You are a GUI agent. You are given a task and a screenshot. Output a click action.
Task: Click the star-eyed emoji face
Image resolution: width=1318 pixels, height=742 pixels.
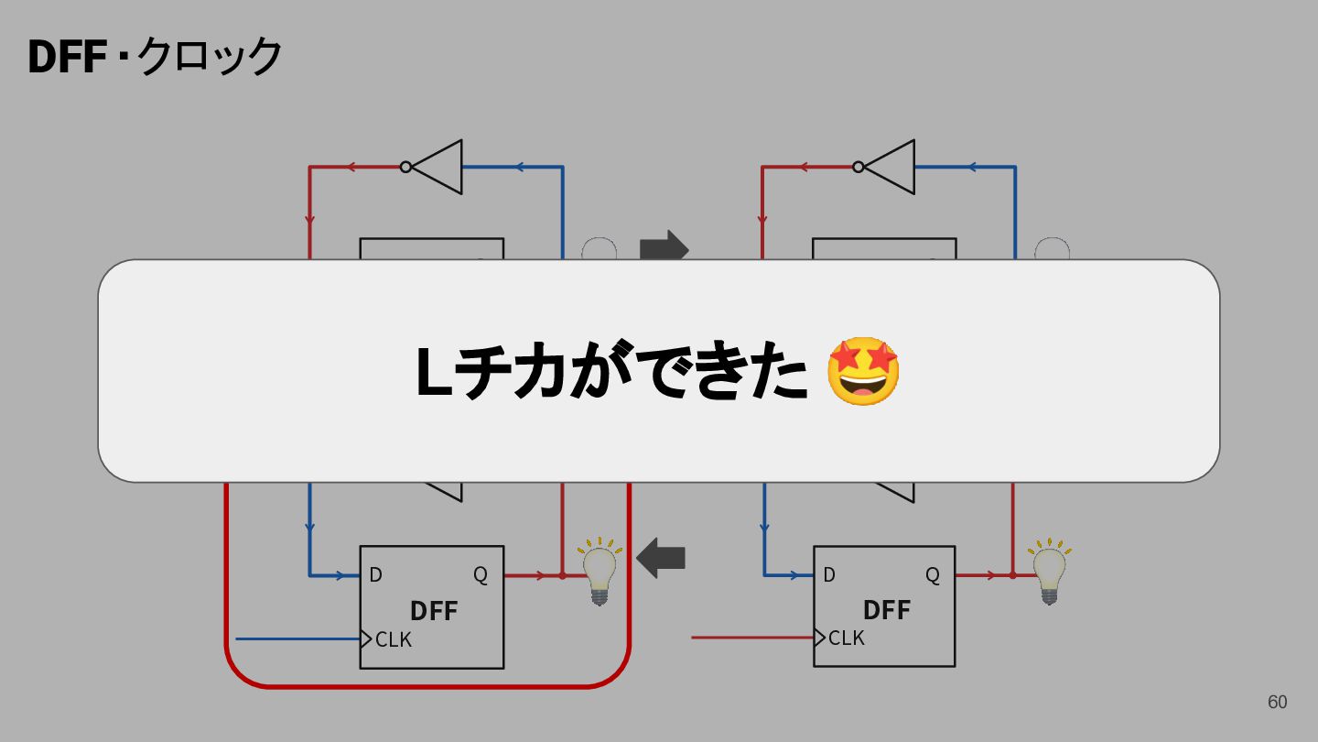[863, 371]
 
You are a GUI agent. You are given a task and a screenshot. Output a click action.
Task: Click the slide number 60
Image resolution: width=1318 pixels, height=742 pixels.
[1278, 702]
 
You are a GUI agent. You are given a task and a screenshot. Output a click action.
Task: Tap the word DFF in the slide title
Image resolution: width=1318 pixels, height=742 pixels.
[67, 57]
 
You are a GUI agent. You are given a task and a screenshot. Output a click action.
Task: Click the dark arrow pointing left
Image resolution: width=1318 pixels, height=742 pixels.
[661, 558]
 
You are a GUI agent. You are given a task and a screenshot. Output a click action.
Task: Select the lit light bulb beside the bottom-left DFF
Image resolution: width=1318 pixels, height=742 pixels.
[599, 571]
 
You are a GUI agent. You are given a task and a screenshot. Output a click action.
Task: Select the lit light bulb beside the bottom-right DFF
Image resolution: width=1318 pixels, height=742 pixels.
[1050, 571]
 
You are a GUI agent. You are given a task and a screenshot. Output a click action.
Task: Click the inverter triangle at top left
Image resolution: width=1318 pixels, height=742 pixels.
[438, 167]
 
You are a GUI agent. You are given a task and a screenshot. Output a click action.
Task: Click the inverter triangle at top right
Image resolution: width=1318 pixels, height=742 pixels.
[890, 167]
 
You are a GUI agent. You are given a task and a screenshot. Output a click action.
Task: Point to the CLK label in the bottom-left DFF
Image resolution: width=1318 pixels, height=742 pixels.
[393, 639]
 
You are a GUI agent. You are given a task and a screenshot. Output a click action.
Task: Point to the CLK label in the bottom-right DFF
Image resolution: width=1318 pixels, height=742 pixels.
[846, 638]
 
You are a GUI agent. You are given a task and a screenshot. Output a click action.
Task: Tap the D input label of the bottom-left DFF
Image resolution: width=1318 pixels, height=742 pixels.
[375, 574]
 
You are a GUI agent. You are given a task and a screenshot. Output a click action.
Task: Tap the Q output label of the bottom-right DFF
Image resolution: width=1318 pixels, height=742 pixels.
[933, 574]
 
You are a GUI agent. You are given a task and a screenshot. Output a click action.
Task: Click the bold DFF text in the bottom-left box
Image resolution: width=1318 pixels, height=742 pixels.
[434, 611]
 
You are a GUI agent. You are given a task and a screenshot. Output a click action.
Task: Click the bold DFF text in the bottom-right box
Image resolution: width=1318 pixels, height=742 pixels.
[887, 610]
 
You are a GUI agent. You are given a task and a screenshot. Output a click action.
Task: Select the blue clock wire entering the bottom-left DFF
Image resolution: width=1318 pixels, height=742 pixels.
[297, 639]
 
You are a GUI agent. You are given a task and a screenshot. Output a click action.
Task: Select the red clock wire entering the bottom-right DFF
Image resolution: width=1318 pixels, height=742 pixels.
[752, 638]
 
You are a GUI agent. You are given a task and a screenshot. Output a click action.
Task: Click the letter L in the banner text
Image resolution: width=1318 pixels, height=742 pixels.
[434, 372]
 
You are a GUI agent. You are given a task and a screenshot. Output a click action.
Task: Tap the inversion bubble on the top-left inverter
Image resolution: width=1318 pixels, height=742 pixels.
[405, 168]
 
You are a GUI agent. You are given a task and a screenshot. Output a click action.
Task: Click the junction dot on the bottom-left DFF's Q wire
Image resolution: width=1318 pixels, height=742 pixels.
[562, 575]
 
